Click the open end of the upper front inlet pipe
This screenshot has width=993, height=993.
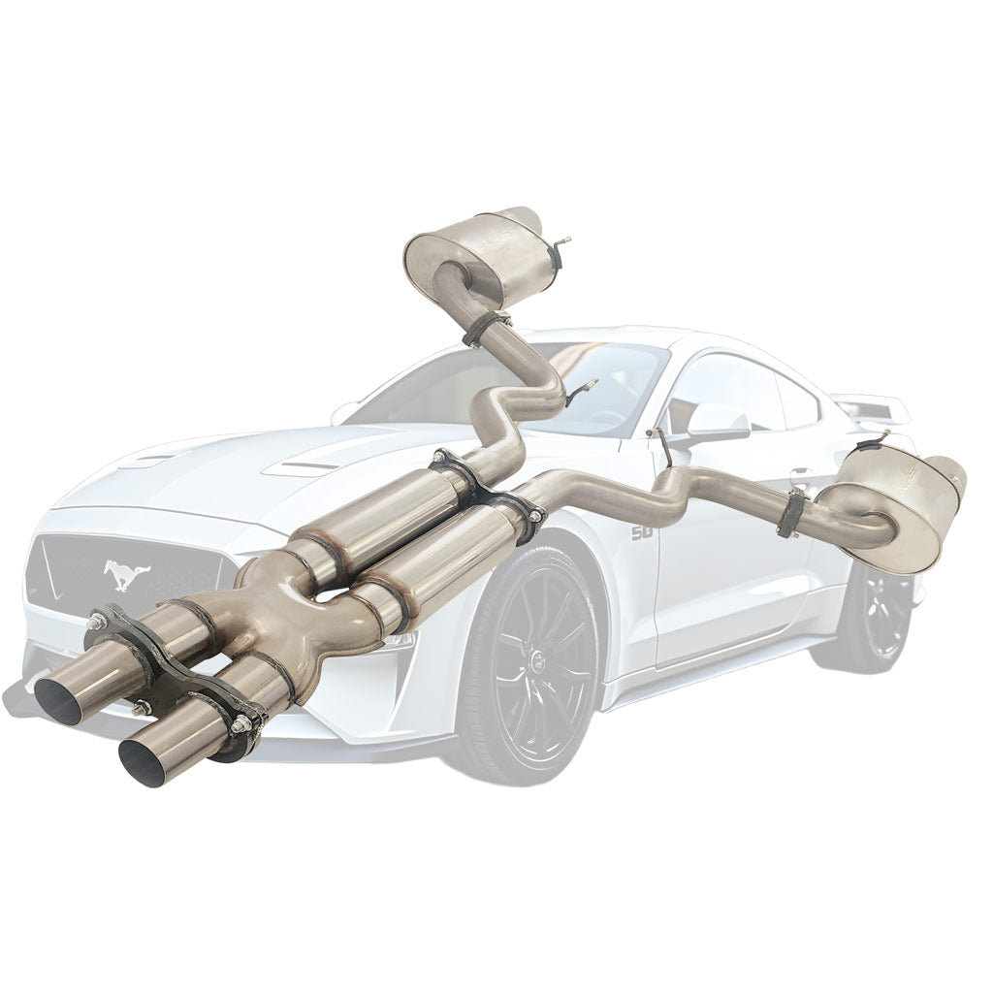pos(57,700)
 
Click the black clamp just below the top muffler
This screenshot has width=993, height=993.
pos(488,328)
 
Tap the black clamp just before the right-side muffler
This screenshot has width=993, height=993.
pos(792,512)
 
